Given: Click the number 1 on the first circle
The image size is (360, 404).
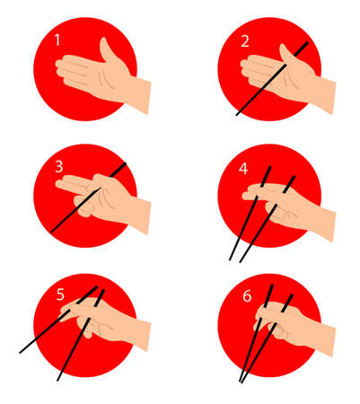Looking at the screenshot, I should click(57, 40).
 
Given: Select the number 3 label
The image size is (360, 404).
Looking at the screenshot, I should click(57, 167).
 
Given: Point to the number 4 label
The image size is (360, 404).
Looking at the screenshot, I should click(242, 167).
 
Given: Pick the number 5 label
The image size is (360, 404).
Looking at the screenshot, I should click(58, 294).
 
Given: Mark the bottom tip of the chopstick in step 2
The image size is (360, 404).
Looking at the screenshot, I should click(238, 114).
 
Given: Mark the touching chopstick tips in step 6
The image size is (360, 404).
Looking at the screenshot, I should click(241, 380).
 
